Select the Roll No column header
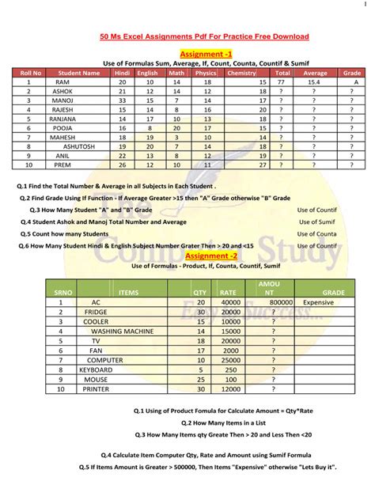tap(28, 73)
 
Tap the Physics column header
tap(206, 73)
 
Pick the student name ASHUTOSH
tap(79, 146)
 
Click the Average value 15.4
tap(314, 82)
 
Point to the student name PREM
tap(62, 165)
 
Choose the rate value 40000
tap(231, 302)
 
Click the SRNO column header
tap(63, 292)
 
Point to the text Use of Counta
tap(316, 234)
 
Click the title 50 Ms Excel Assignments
tap(204, 36)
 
